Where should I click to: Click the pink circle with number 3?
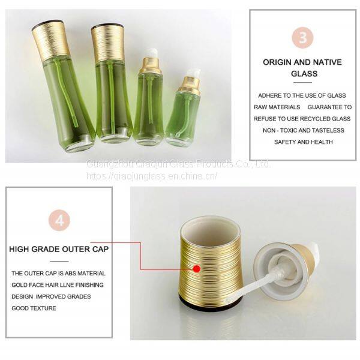click(302, 37)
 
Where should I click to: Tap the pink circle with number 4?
click(59, 220)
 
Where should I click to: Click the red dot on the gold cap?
click(197, 269)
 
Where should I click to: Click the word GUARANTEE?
click(322, 107)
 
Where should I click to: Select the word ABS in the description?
click(70, 274)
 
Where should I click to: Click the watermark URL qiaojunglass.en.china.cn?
click(152, 176)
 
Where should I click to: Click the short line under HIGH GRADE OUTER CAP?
click(59, 261)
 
